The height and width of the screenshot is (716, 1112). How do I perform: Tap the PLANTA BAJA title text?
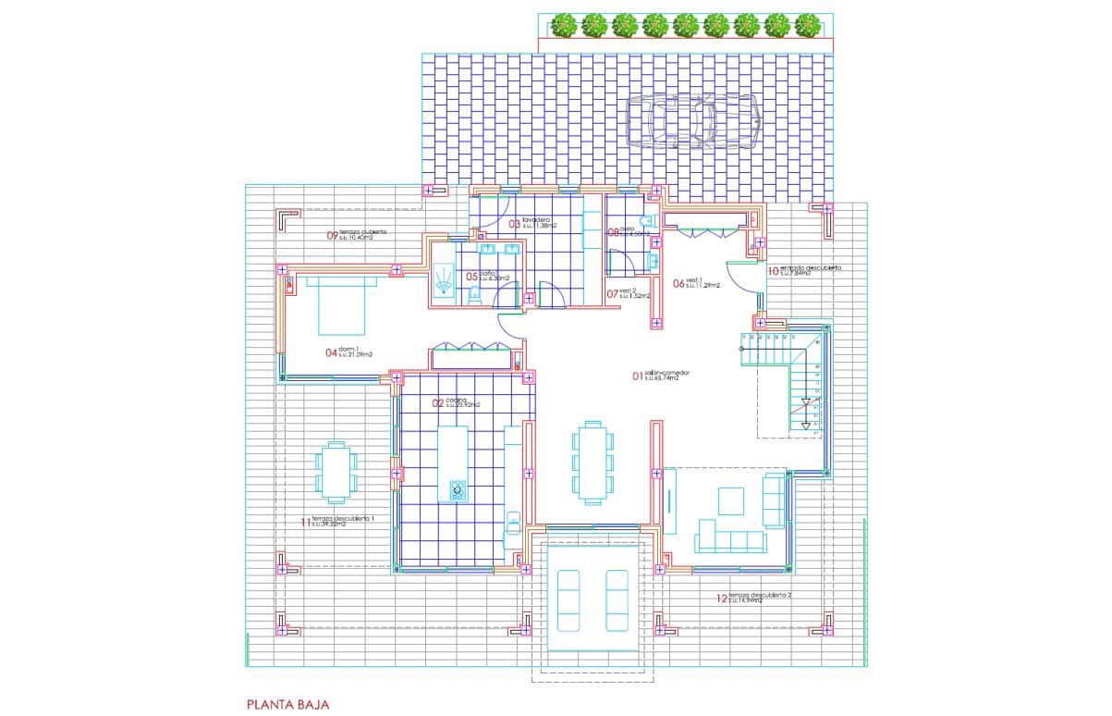tap(287, 704)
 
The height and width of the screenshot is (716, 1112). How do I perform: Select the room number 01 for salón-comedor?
tap(638, 377)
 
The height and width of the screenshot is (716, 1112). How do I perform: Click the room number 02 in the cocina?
tap(438, 403)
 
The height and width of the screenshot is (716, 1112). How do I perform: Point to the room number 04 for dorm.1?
tap(330, 352)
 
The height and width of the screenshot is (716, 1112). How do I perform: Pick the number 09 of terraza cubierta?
tap(333, 235)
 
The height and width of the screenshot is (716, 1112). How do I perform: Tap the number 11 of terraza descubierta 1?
tap(306, 523)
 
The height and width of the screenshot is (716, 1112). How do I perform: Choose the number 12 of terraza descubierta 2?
tap(721, 599)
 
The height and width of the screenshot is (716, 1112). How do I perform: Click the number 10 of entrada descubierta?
tap(773, 271)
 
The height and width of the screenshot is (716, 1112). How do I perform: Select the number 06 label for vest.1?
tap(678, 284)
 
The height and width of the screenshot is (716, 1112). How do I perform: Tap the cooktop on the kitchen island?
tap(457, 489)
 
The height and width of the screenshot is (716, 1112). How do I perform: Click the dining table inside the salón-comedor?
tap(592, 461)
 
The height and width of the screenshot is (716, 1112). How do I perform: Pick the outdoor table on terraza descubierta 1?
tap(335, 470)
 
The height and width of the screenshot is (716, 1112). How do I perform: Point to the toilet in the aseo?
tap(647, 220)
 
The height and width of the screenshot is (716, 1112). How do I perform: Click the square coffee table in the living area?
tap(731, 500)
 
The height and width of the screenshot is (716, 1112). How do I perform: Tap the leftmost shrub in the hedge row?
tap(564, 25)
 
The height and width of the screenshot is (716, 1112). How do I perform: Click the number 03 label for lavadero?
tap(515, 224)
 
